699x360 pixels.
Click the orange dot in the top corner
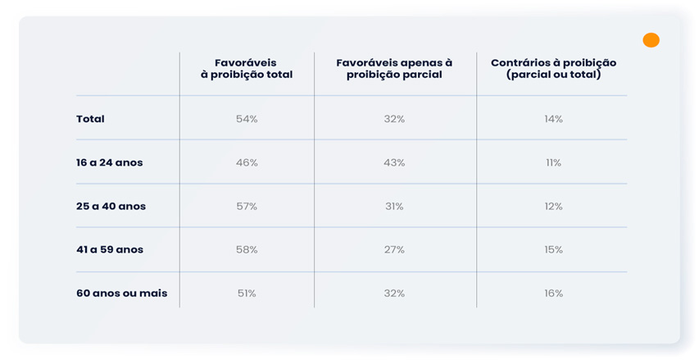click(x=651, y=40)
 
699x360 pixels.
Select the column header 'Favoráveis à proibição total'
click(x=247, y=69)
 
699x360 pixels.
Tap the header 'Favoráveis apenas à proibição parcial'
click(x=394, y=69)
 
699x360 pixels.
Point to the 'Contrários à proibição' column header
click(x=553, y=69)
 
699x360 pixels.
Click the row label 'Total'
click(x=90, y=119)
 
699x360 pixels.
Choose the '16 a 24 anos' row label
click(x=109, y=163)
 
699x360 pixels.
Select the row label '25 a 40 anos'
click(x=111, y=207)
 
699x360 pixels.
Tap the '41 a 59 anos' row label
click(x=110, y=250)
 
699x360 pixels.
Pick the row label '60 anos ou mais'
click(x=122, y=294)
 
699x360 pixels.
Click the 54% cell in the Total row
click(x=247, y=119)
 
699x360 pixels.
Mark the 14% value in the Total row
click(x=553, y=119)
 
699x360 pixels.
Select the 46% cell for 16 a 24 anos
click(x=247, y=163)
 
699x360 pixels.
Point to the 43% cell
click(x=394, y=163)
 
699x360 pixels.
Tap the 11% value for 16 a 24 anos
click(x=553, y=163)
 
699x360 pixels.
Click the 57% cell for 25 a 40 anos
click(x=247, y=207)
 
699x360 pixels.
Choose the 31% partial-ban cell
click(x=394, y=207)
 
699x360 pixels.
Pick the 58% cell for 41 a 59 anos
click(x=247, y=250)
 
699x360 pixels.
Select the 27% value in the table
click(x=394, y=250)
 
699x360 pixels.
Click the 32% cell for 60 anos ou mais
click(x=394, y=294)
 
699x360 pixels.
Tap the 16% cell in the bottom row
click(x=553, y=294)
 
